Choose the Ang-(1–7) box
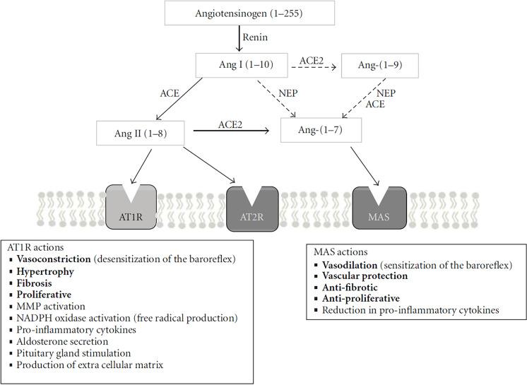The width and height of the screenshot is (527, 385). point(321,131)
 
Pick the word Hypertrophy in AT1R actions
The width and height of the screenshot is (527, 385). point(45,271)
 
